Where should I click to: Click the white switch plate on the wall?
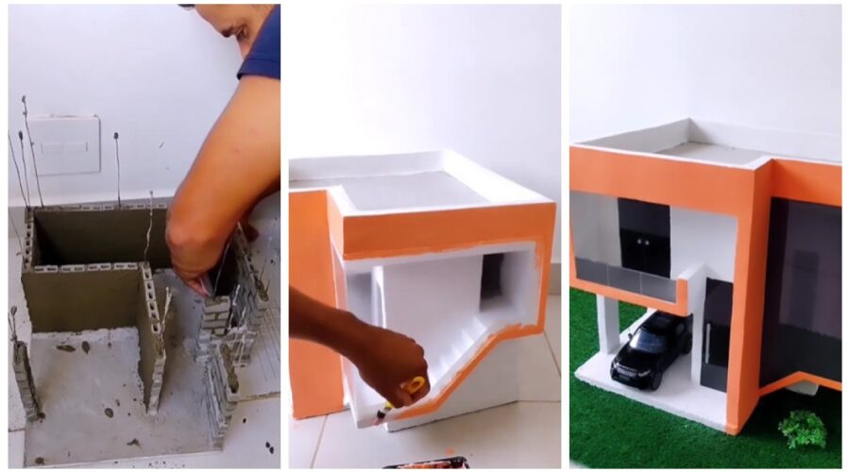63,144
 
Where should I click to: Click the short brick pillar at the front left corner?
24,378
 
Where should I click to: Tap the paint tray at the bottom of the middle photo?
425,464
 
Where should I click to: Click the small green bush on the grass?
802,430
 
